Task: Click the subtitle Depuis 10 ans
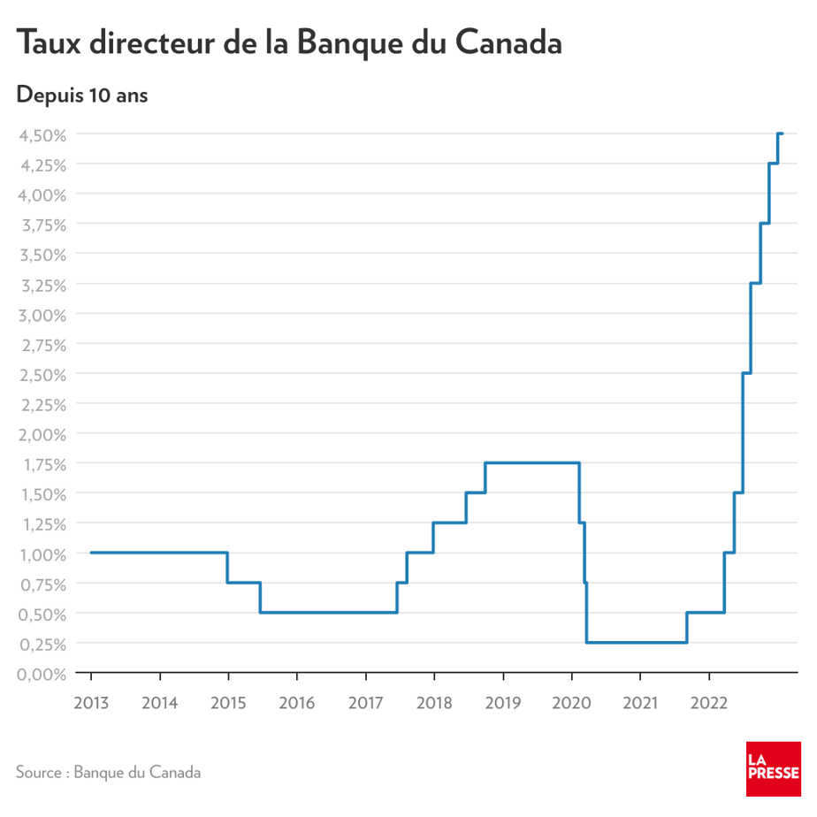pyautogui.click(x=82, y=95)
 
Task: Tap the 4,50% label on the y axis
pyautogui.click(x=42, y=134)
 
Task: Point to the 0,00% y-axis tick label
pyautogui.click(x=42, y=674)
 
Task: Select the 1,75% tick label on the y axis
pyautogui.click(x=42, y=464)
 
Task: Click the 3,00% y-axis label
pyautogui.click(x=42, y=315)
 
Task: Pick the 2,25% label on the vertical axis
pyautogui.click(x=42, y=405)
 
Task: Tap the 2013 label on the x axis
pyautogui.click(x=90, y=704)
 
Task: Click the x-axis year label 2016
pyautogui.click(x=296, y=704)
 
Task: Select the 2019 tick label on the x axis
pyautogui.click(x=502, y=704)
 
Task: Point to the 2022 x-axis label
pyautogui.click(x=708, y=704)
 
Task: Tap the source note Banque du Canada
pyautogui.click(x=108, y=772)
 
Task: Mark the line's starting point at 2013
pyautogui.click(x=91, y=553)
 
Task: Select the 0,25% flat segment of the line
pyautogui.click(x=637, y=643)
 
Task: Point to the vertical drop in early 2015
pyautogui.click(x=228, y=568)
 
